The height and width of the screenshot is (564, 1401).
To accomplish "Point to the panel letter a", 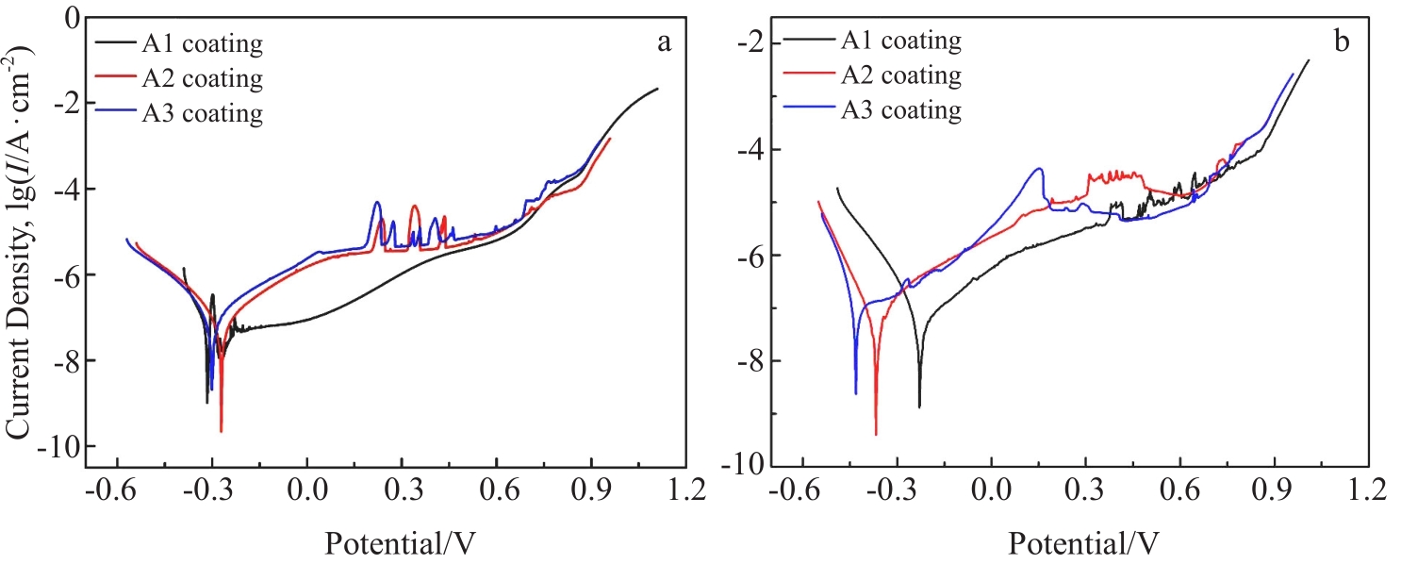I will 664,42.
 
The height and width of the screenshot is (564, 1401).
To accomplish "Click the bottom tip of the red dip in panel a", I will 222,431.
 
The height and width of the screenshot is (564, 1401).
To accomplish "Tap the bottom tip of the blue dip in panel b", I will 856,393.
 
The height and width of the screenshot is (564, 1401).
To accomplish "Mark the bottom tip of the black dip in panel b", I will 919,406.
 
